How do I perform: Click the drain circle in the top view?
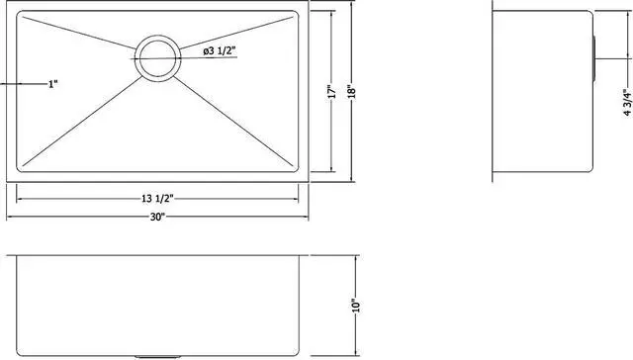point(156,56)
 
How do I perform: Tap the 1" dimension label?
point(52,84)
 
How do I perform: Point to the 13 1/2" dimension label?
point(158,200)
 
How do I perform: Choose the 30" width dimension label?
point(158,218)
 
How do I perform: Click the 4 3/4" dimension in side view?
point(615,101)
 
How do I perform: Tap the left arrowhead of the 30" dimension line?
point(12,218)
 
